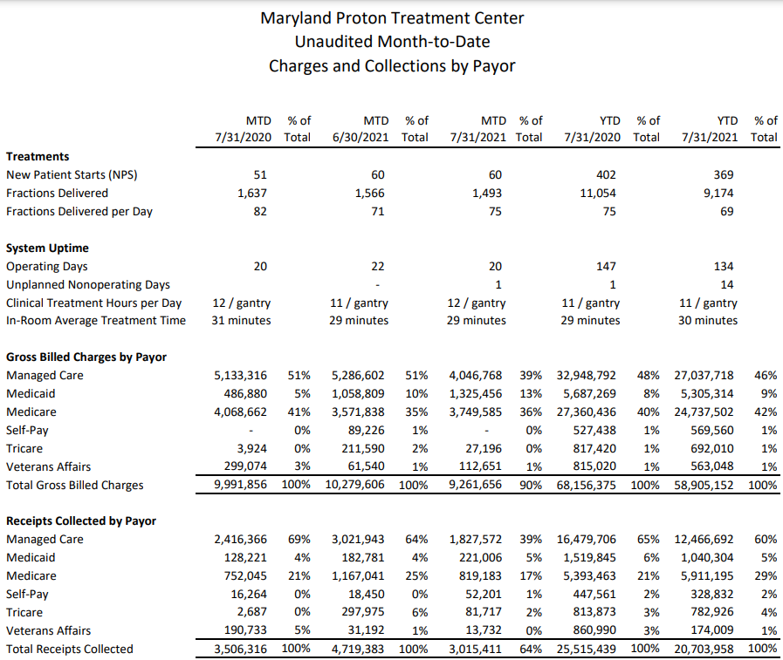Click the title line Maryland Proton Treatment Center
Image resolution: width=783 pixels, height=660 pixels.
(x=392, y=18)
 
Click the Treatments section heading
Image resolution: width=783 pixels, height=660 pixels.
(x=38, y=157)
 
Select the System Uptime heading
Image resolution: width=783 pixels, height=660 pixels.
(x=47, y=248)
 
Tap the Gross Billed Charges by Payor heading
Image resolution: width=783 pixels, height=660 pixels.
(x=86, y=357)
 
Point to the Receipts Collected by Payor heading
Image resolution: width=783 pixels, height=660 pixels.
(x=81, y=521)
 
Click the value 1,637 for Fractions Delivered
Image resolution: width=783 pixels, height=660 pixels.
(x=252, y=193)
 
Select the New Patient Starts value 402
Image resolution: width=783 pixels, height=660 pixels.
(x=606, y=175)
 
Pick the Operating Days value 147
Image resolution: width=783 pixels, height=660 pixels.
(x=606, y=267)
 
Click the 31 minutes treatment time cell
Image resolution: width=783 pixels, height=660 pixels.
(x=241, y=321)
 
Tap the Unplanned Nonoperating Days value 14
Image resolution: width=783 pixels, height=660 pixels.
(x=726, y=285)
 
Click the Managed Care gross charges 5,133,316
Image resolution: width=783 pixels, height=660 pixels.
(x=241, y=375)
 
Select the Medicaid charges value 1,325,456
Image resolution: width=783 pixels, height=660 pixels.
(x=476, y=393)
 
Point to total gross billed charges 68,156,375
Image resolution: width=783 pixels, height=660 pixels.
(x=587, y=485)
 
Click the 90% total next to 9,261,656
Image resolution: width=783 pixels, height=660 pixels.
(x=531, y=485)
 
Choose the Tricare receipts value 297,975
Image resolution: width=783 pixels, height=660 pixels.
(x=362, y=612)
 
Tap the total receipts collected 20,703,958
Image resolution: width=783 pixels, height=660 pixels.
(x=704, y=649)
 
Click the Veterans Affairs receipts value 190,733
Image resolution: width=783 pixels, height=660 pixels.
(x=245, y=630)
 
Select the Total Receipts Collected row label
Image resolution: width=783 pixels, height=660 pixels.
(x=70, y=649)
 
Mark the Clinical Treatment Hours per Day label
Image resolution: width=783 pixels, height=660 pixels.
(x=94, y=303)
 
